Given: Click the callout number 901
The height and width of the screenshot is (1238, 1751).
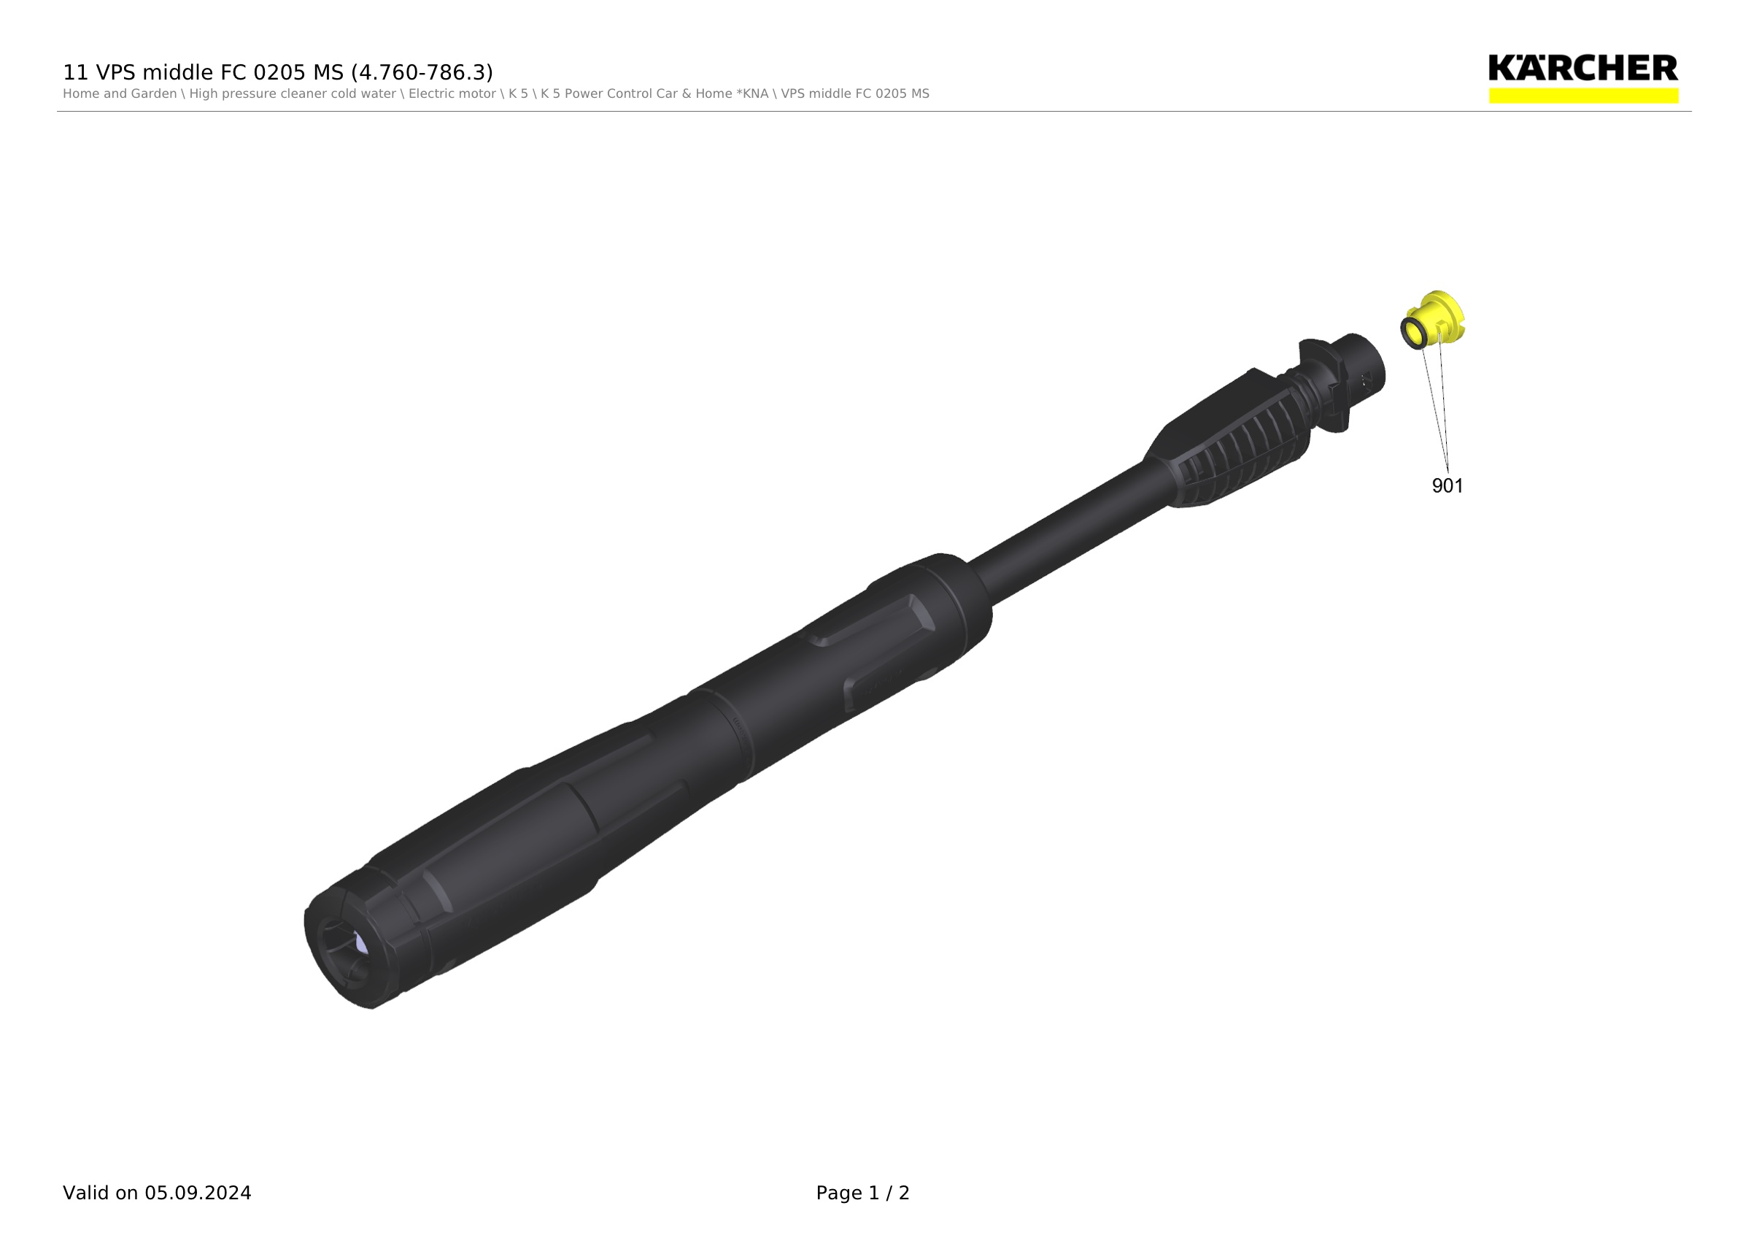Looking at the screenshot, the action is point(1447,486).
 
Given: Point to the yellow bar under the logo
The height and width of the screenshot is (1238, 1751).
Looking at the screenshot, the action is point(1583,96).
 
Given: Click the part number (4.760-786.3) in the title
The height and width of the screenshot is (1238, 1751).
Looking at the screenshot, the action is point(422,72).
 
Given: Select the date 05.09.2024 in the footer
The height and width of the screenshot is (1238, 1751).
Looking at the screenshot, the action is point(198,1193).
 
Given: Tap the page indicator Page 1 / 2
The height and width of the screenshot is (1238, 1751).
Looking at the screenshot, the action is point(862,1193).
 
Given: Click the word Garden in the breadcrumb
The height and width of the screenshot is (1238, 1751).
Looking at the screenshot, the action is point(155,94).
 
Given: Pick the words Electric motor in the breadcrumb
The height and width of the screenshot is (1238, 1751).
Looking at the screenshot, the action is point(452,94).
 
